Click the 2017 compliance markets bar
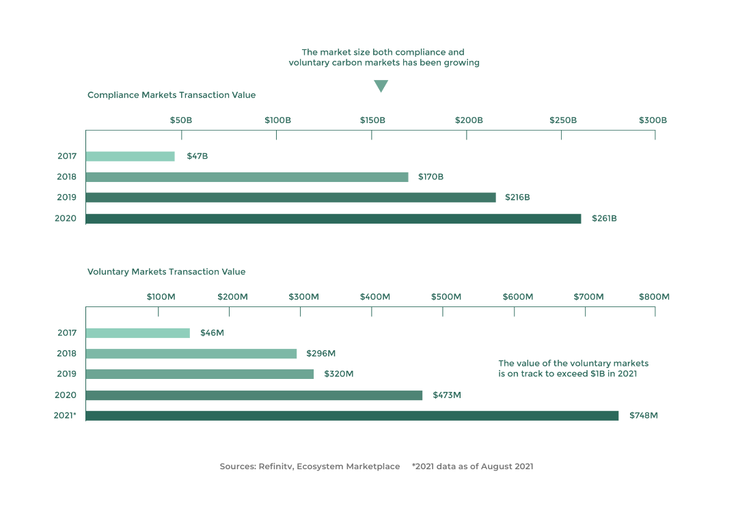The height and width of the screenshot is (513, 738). point(130,156)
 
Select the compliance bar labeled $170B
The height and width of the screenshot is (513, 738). point(247,177)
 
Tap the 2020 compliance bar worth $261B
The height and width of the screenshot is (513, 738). point(333,219)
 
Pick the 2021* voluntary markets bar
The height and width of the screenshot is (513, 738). point(352,416)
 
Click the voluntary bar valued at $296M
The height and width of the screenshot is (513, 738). point(191,354)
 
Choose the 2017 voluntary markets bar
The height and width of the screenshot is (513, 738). point(138,333)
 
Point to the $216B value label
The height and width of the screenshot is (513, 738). point(517,198)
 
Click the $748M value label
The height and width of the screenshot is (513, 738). point(643,416)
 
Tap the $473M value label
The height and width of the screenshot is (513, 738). point(447,395)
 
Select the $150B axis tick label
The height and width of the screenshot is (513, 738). point(372,120)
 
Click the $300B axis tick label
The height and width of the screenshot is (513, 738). point(653,120)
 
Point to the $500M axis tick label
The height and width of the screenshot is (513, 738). point(446,297)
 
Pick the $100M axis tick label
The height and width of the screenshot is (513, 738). point(161,297)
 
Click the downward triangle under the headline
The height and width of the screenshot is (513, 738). point(381,86)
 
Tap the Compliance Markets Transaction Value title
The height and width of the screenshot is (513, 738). point(172,95)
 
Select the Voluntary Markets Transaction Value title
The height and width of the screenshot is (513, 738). point(166,272)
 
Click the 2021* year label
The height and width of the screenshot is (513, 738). point(65,416)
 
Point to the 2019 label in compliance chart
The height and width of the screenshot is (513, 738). point(67,198)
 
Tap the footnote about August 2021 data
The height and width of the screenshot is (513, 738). point(472,466)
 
